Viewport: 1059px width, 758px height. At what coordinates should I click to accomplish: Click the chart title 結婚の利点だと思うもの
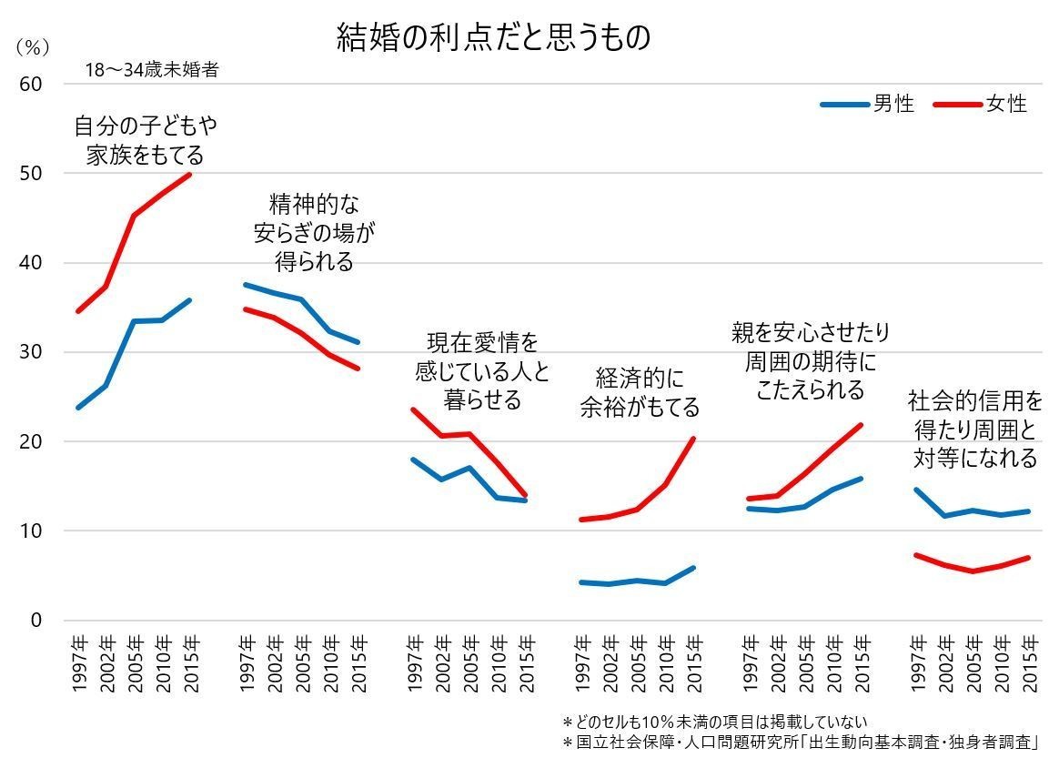(493, 37)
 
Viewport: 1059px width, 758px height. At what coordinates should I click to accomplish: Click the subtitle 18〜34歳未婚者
(152, 70)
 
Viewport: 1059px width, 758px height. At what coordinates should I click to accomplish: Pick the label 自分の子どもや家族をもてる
(146, 139)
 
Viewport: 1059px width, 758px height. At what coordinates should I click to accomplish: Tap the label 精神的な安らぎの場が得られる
(314, 232)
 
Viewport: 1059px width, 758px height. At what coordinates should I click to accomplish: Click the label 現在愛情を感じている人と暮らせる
(482, 370)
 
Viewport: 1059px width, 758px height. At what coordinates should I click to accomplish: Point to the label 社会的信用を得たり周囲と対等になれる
(974, 429)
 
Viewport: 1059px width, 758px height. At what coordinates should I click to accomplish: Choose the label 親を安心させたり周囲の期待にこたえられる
(811, 361)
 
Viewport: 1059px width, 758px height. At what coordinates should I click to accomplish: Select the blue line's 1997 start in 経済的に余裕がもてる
(580, 581)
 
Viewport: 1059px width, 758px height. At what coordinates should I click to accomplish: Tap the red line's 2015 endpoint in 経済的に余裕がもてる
(694, 439)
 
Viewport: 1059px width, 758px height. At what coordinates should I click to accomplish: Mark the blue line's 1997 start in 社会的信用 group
(915, 490)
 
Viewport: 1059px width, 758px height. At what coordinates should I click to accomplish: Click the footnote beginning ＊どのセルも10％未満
(715, 723)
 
